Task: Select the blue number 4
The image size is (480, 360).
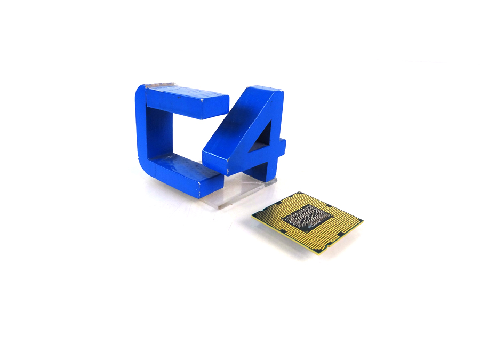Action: click(x=251, y=133)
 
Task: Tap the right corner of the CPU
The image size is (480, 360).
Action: click(x=363, y=220)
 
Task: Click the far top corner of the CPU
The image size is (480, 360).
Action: click(x=300, y=193)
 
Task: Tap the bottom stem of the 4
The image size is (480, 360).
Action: click(x=269, y=168)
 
